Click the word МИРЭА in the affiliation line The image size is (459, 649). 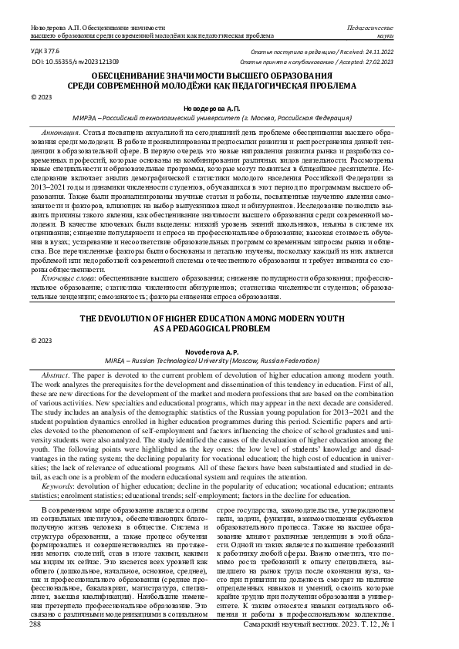(x=85, y=119)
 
